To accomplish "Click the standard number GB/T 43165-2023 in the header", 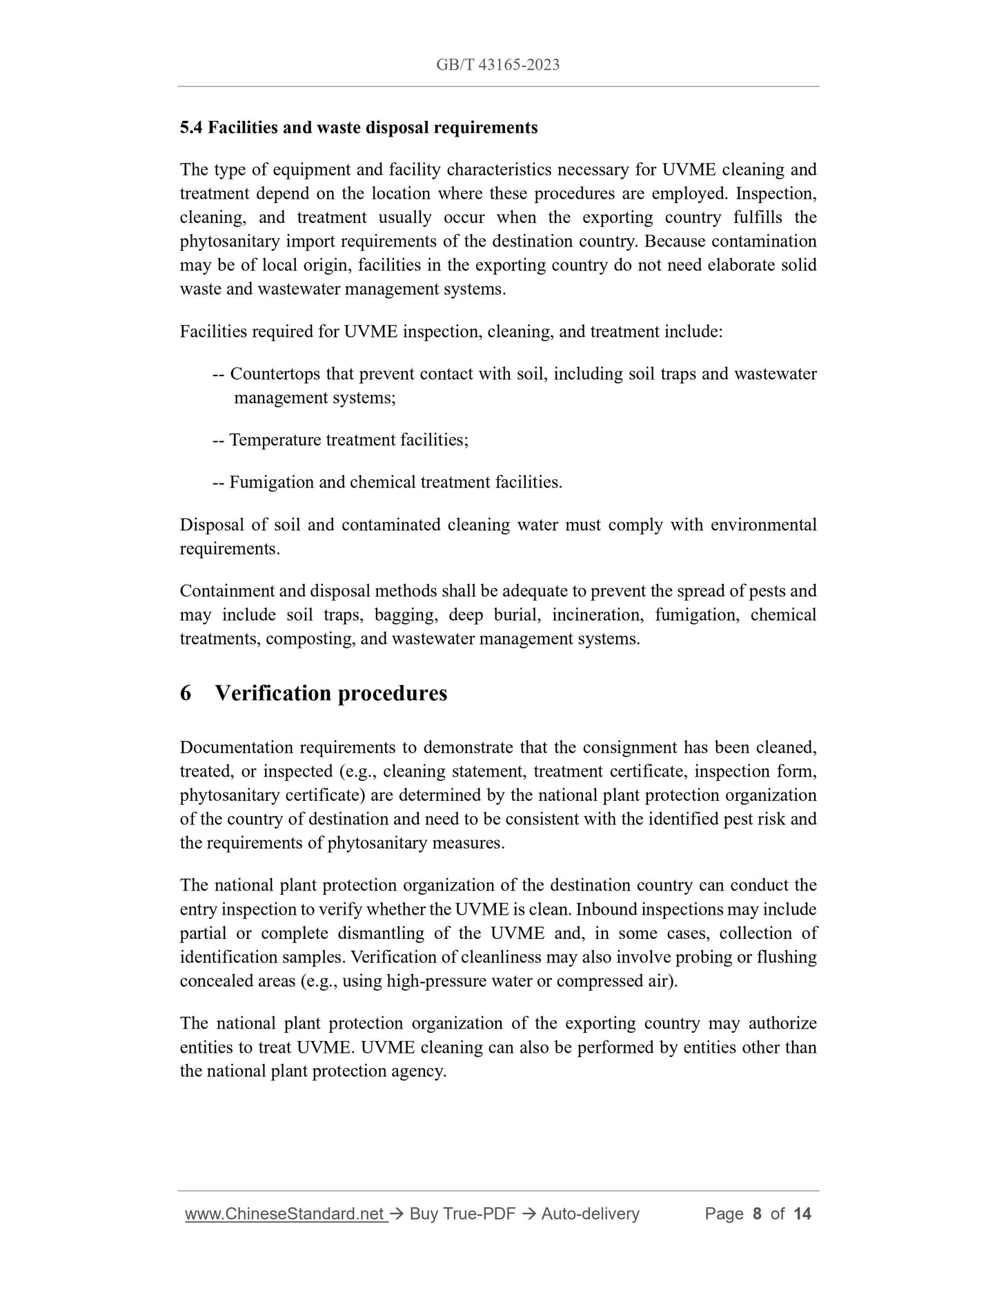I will pos(497,65).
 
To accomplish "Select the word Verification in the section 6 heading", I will pos(273,693).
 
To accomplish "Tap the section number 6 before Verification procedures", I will pos(186,693).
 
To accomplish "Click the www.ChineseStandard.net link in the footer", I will pos(285,1214).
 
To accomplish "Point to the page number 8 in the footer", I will pos(757,1214).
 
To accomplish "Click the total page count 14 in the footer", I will pos(802,1214).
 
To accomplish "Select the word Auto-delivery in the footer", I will pos(591,1214).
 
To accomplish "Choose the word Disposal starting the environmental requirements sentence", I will pos(210,525).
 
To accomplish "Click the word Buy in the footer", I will pos(424,1214).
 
